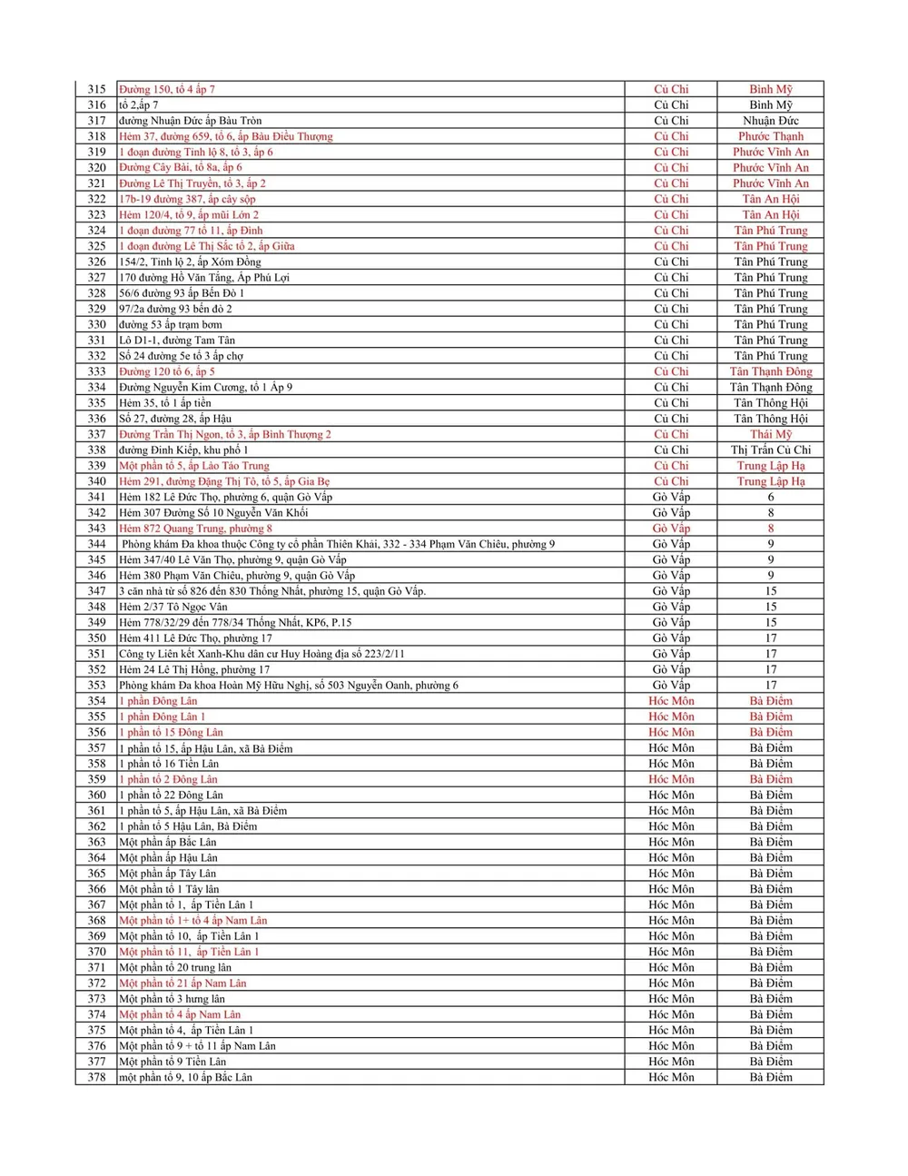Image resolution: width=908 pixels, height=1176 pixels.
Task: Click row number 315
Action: [x=96, y=89]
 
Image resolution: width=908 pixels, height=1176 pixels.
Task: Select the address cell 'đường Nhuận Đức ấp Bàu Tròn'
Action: [x=190, y=121]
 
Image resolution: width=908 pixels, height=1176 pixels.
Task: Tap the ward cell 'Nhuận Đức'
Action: [x=770, y=121]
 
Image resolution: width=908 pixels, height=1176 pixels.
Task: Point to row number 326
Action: [x=96, y=262]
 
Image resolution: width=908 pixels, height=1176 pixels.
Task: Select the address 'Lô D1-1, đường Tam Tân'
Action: [x=177, y=341]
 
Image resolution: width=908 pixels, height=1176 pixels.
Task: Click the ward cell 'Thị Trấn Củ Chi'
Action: [x=770, y=450]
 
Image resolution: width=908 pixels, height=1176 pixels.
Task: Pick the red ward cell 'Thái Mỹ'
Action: [x=770, y=434]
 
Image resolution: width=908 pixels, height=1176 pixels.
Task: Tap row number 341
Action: [x=96, y=497]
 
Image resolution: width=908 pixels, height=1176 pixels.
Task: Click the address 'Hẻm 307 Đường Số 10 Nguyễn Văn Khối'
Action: [x=213, y=513]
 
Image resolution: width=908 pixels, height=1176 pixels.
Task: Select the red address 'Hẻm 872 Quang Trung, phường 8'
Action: [x=195, y=529]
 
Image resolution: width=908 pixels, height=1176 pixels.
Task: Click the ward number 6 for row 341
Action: [x=770, y=497]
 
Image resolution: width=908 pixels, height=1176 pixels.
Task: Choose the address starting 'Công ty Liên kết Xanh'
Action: [x=262, y=654]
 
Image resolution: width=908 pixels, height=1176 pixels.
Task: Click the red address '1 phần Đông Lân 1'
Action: [x=163, y=716]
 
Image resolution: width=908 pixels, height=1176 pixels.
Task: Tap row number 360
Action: [x=96, y=796]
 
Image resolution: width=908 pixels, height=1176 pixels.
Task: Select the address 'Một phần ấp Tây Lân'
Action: [x=168, y=874]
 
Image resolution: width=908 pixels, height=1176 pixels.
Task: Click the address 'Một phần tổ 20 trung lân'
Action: [x=175, y=968]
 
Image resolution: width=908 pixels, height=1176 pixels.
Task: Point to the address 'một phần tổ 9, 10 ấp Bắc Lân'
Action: [x=185, y=1078]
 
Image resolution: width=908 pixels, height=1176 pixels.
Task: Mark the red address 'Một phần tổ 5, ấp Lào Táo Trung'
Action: [x=194, y=466]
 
